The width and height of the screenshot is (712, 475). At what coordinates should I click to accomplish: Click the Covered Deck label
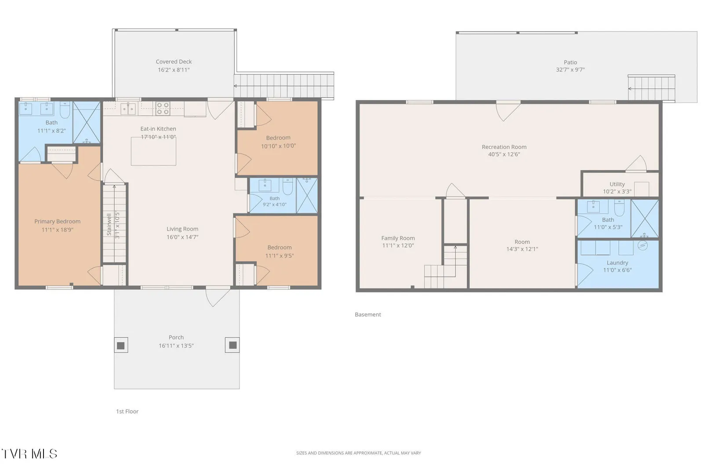pyautogui.click(x=174, y=62)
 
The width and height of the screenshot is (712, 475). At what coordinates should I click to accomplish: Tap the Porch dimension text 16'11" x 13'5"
pyautogui.click(x=176, y=346)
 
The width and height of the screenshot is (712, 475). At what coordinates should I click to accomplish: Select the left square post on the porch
pyautogui.click(x=121, y=345)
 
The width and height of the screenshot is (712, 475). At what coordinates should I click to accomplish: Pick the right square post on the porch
pyautogui.click(x=232, y=345)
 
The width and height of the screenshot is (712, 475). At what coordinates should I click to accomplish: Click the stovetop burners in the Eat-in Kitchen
pyautogui.click(x=163, y=109)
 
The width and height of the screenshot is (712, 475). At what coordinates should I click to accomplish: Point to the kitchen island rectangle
pyautogui.click(x=153, y=151)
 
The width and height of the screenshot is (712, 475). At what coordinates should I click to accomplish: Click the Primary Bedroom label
pyautogui.click(x=57, y=221)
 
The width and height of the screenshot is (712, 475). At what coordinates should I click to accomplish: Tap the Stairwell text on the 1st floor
pyautogui.click(x=109, y=224)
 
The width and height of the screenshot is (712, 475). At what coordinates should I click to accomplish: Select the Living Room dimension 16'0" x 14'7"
pyautogui.click(x=182, y=237)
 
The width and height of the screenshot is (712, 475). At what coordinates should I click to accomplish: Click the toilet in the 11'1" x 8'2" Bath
pyautogui.click(x=65, y=109)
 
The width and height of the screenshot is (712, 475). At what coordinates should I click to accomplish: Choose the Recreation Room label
pyautogui.click(x=504, y=147)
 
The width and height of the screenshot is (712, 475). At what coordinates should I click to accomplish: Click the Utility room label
pyautogui.click(x=617, y=184)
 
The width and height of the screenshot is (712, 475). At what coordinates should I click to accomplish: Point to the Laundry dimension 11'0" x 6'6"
pyautogui.click(x=617, y=270)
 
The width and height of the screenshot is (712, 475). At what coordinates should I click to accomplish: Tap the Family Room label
pyautogui.click(x=398, y=238)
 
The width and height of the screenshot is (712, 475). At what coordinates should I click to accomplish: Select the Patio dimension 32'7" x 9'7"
pyautogui.click(x=570, y=69)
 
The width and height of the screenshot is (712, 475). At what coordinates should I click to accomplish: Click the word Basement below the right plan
pyautogui.click(x=368, y=314)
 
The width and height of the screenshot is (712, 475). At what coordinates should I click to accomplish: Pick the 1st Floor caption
pyautogui.click(x=127, y=411)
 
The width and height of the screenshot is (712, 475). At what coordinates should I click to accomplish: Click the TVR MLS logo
pyautogui.click(x=29, y=454)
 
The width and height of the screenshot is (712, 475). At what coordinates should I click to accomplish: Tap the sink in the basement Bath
pyautogui.click(x=593, y=207)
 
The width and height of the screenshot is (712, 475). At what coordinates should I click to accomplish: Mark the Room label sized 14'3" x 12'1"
pyautogui.click(x=522, y=242)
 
